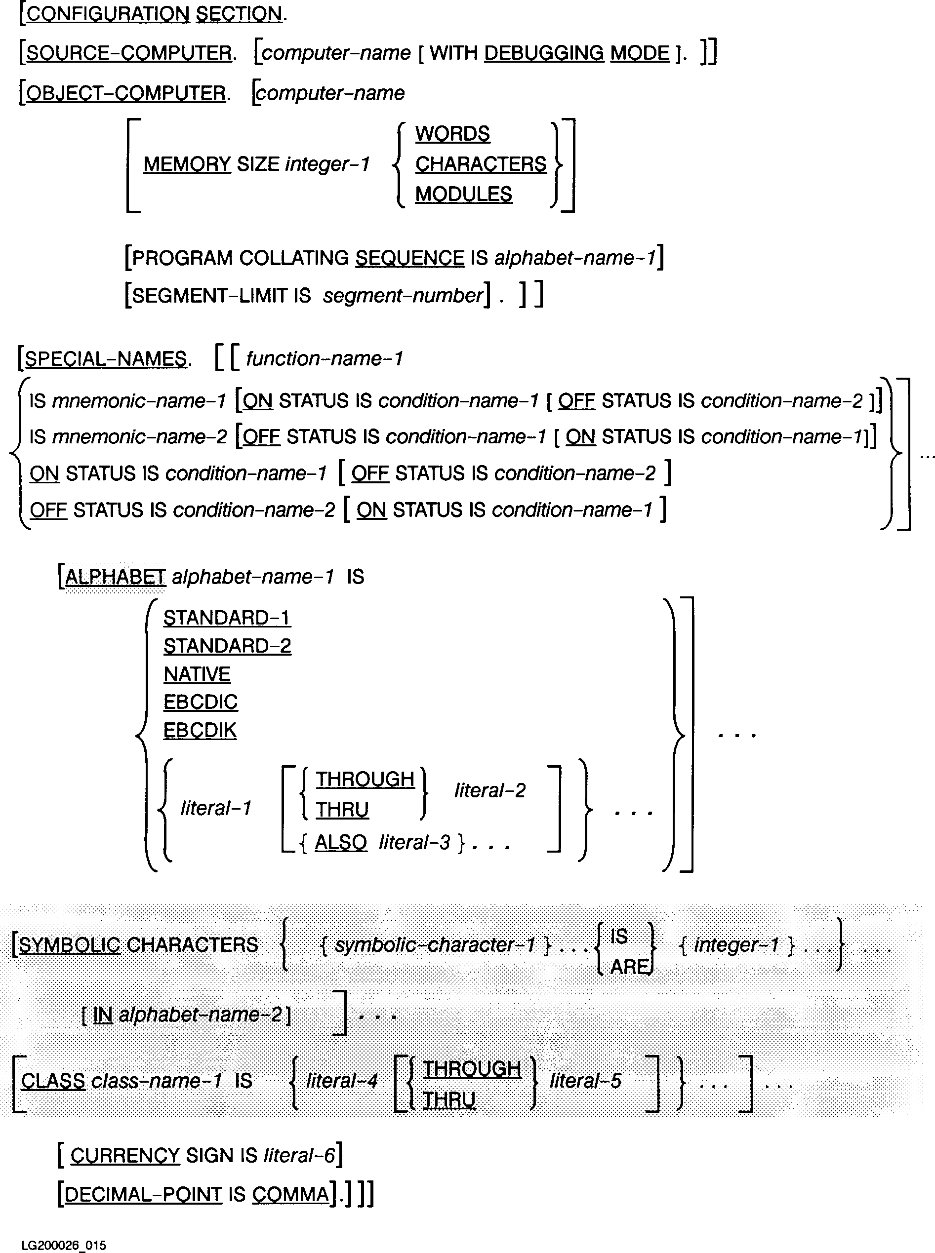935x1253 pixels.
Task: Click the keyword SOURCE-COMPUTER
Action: [x=128, y=53]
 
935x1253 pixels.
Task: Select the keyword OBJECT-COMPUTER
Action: [x=125, y=93]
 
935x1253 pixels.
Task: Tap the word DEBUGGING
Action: [x=544, y=53]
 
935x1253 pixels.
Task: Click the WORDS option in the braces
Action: [x=452, y=134]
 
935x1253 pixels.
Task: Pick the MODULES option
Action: [x=463, y=194]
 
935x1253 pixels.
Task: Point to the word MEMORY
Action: [x=187, y=164]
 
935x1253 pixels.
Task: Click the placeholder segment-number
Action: [x=403, y=295]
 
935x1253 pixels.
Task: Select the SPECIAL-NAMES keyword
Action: [x=106, y=358]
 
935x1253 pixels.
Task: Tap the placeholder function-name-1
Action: [x=325, y=358]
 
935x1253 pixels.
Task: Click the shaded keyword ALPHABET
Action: [x=115, y=577]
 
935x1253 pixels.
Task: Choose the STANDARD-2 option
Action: [x=227, y=646]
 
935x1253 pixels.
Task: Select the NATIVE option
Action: [x=197, y=674]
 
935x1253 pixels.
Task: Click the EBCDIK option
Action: [x=200, y=730]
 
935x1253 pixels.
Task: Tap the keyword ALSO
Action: [x=341, y=842]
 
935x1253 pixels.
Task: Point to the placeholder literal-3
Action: [x=414, y=842]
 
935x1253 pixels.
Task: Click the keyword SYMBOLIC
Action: [x=70, y=945]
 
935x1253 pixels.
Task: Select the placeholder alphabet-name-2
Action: [x=201, y=1015]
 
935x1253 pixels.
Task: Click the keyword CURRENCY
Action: [x=125, y=1155]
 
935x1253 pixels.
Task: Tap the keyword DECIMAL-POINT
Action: [x=143, y=1194]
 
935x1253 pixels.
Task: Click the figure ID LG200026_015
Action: [x=63, y=1245]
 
